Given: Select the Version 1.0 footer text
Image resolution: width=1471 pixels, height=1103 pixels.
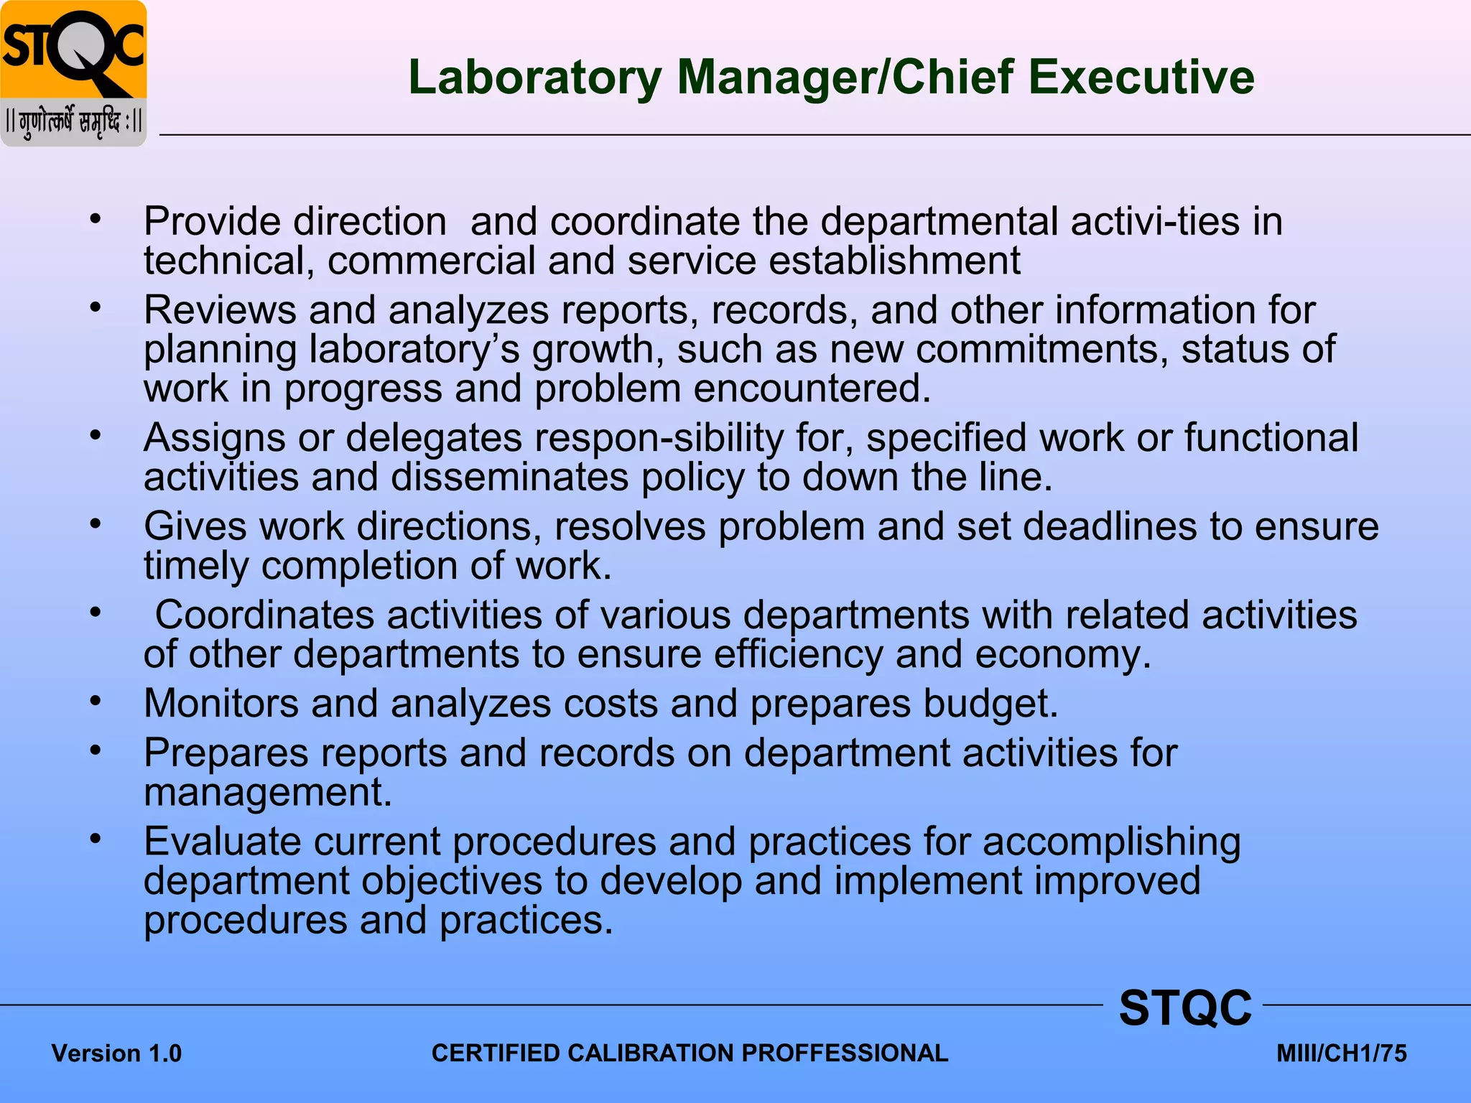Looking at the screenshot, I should (116, 1053).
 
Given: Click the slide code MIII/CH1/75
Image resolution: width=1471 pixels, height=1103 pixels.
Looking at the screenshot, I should (1341, 1053).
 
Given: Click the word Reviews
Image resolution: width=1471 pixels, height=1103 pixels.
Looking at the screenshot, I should (220, 310).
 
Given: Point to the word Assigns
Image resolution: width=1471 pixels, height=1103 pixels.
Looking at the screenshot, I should (214, 438).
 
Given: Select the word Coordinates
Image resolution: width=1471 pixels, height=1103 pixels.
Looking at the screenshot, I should (264, 615).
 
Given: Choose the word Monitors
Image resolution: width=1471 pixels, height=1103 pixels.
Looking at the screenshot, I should (221, 703).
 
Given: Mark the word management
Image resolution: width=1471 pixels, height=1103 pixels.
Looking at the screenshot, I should (267, 793).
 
